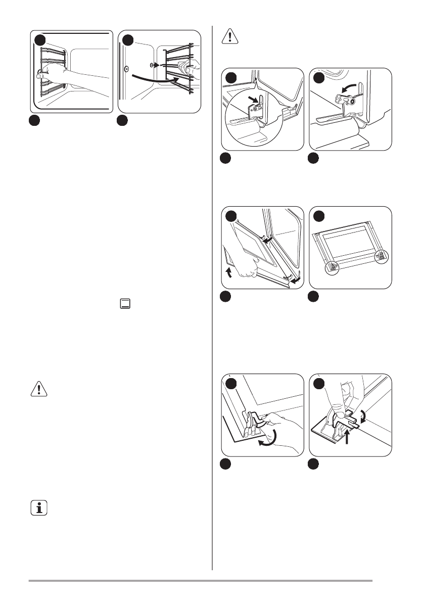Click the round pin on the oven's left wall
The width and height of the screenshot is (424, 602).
pyautogui.click(x=126, y=67)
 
